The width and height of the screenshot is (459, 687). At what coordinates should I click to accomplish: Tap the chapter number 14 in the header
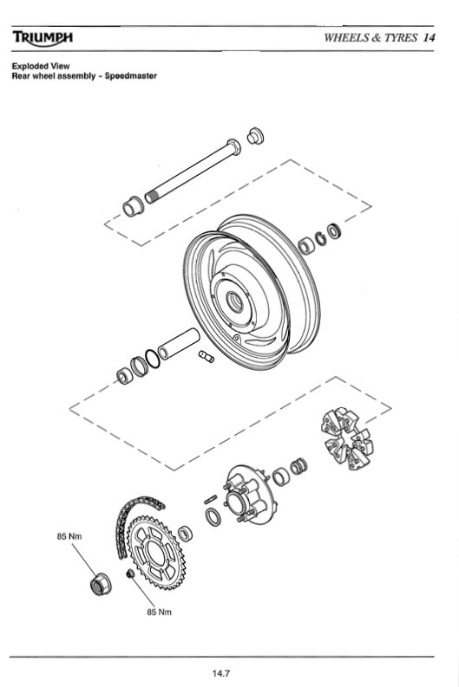tap(429, 37)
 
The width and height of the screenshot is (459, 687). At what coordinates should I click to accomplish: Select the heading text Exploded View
tap(40, 66)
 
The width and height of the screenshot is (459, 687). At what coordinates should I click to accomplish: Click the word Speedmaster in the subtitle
tap(130, 75)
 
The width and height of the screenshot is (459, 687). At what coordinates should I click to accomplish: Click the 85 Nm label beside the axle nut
tap(68, 537)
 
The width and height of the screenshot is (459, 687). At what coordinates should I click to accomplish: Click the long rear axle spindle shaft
tap(195, 169)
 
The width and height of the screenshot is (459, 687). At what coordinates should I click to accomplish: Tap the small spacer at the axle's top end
tap(256, 136)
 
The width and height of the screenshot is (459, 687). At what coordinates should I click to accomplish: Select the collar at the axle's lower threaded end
tap(133, 206)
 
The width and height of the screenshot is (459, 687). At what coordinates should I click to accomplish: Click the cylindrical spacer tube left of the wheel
tap(179, 341)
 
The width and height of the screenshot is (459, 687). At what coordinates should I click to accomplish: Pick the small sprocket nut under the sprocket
tap(129, 574)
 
